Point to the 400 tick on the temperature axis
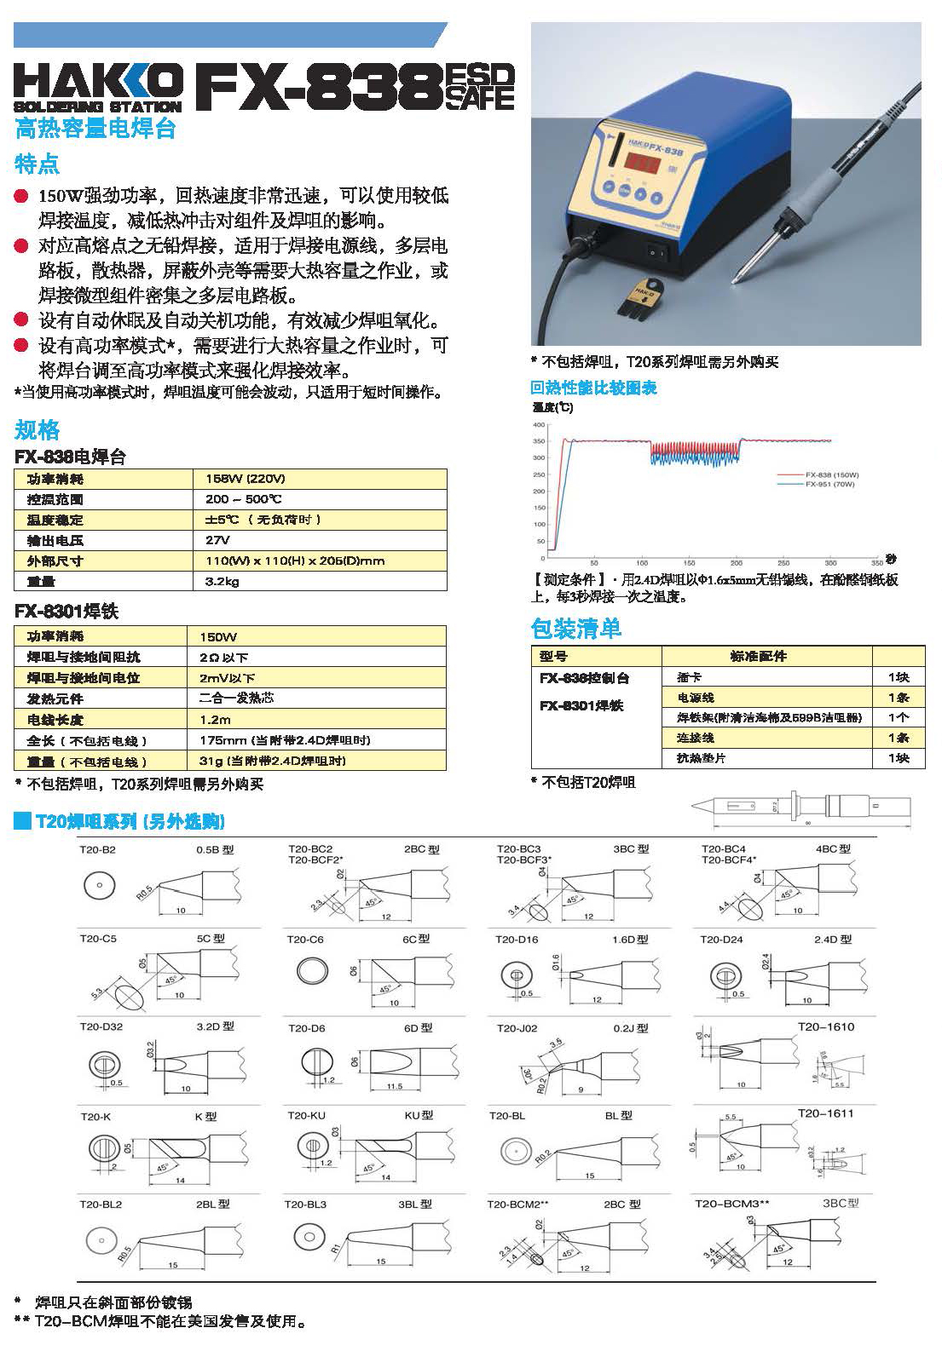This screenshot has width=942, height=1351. point(538,424)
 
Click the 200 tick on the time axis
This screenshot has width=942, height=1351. point(736,563)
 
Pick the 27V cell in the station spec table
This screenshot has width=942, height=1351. point(217,540)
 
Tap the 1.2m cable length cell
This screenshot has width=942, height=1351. point(215,719)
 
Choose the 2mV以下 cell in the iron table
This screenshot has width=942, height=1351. point(227,678)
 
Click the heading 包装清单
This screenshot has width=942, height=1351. point(575,629)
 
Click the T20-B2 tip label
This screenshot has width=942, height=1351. point(97,849)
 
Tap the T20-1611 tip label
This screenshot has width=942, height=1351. point(825,1112)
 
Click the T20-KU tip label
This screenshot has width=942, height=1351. point(307,1115)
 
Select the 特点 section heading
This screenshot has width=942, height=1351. point(38,163)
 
